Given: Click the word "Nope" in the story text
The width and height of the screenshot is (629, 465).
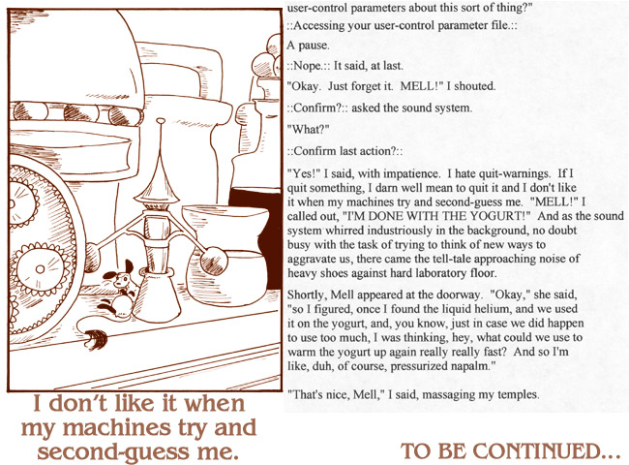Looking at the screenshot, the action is pos(308,66).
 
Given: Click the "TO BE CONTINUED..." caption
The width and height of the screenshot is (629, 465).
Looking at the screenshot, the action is pos(510,450).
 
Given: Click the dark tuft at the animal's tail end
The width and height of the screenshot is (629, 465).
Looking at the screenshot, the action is pos(96,338).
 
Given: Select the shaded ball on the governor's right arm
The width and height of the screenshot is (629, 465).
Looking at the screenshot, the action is pos(213,261).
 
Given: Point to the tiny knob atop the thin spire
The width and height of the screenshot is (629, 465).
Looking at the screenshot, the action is pos(161,120).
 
